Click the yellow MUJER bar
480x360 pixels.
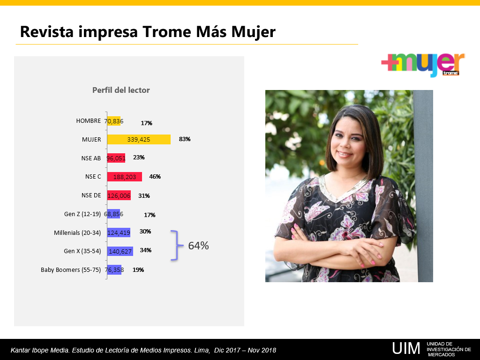click(139, 139)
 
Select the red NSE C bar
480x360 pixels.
click(125, 177)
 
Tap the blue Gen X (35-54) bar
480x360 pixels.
click(120, 251)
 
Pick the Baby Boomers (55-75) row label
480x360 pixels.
click(71, 270)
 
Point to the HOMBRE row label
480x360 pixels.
click(89, 120)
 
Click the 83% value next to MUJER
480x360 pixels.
click(185, 139)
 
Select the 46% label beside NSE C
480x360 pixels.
click(155, 177)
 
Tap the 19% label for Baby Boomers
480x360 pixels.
click(138, 270)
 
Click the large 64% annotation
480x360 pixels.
click(198, 246)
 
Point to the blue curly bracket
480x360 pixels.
click(177, 245)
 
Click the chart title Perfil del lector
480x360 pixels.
click(121, 90)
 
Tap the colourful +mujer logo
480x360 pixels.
click(423, 64)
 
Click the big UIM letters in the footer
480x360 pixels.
click(406, 348)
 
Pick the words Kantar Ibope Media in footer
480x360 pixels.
click(40, 350)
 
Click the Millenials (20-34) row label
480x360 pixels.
click(77, 232)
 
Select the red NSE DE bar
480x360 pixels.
click(119, 195)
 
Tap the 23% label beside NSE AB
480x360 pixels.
click(139, 157)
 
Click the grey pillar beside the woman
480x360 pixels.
click(424, 186)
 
